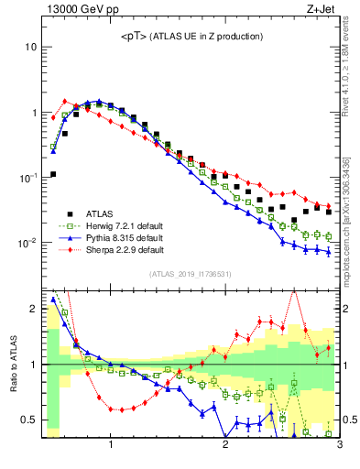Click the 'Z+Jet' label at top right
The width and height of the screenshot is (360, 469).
322,10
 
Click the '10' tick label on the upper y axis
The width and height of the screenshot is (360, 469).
30,47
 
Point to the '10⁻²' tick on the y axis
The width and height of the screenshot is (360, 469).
28,244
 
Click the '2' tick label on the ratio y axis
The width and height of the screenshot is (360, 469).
33,309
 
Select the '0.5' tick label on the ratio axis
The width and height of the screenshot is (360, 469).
28,420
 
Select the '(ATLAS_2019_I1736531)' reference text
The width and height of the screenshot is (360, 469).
191,274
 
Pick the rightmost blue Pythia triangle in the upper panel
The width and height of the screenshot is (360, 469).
328,252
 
